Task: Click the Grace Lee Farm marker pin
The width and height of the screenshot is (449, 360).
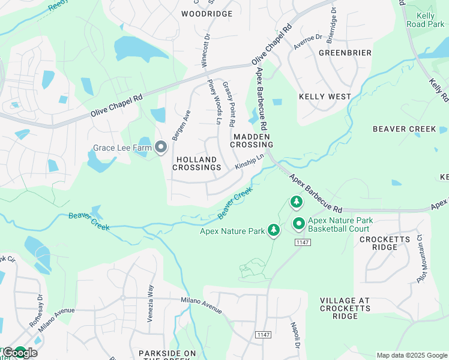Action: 161,147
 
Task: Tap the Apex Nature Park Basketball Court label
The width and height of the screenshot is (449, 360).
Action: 340,224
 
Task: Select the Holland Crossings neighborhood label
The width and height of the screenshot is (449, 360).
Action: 197,163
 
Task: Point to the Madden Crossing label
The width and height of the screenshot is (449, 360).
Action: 253,140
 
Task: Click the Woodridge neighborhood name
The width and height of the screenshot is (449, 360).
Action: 198,13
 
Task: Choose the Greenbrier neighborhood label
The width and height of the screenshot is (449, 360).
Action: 345,53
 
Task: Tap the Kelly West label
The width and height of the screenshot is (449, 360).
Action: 325,97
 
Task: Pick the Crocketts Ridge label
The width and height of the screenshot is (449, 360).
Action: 385,244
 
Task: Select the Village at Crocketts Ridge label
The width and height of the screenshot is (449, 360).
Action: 347,308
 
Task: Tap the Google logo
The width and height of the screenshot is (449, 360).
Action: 20,353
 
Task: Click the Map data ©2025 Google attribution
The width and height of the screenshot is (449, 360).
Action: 412,355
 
